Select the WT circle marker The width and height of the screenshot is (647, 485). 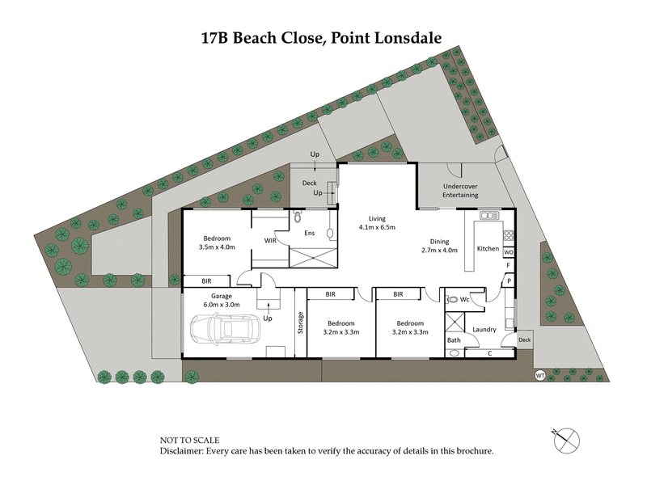click(540, 375)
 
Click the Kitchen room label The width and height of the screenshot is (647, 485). click(488, 248)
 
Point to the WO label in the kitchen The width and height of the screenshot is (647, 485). click(509, 252)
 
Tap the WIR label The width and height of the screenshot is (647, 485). click(270, 240)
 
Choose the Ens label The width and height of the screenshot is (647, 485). click(309, 234)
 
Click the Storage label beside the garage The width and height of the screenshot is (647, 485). click(300, 323)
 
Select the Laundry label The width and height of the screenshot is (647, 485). click(484, 329)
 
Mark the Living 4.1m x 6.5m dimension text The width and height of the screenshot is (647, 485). click(377, 223)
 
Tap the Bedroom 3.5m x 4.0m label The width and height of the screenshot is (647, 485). click(217, 243)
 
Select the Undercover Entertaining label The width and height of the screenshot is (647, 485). click(460, 191)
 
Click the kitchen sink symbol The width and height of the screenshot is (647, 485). click(488, 215)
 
